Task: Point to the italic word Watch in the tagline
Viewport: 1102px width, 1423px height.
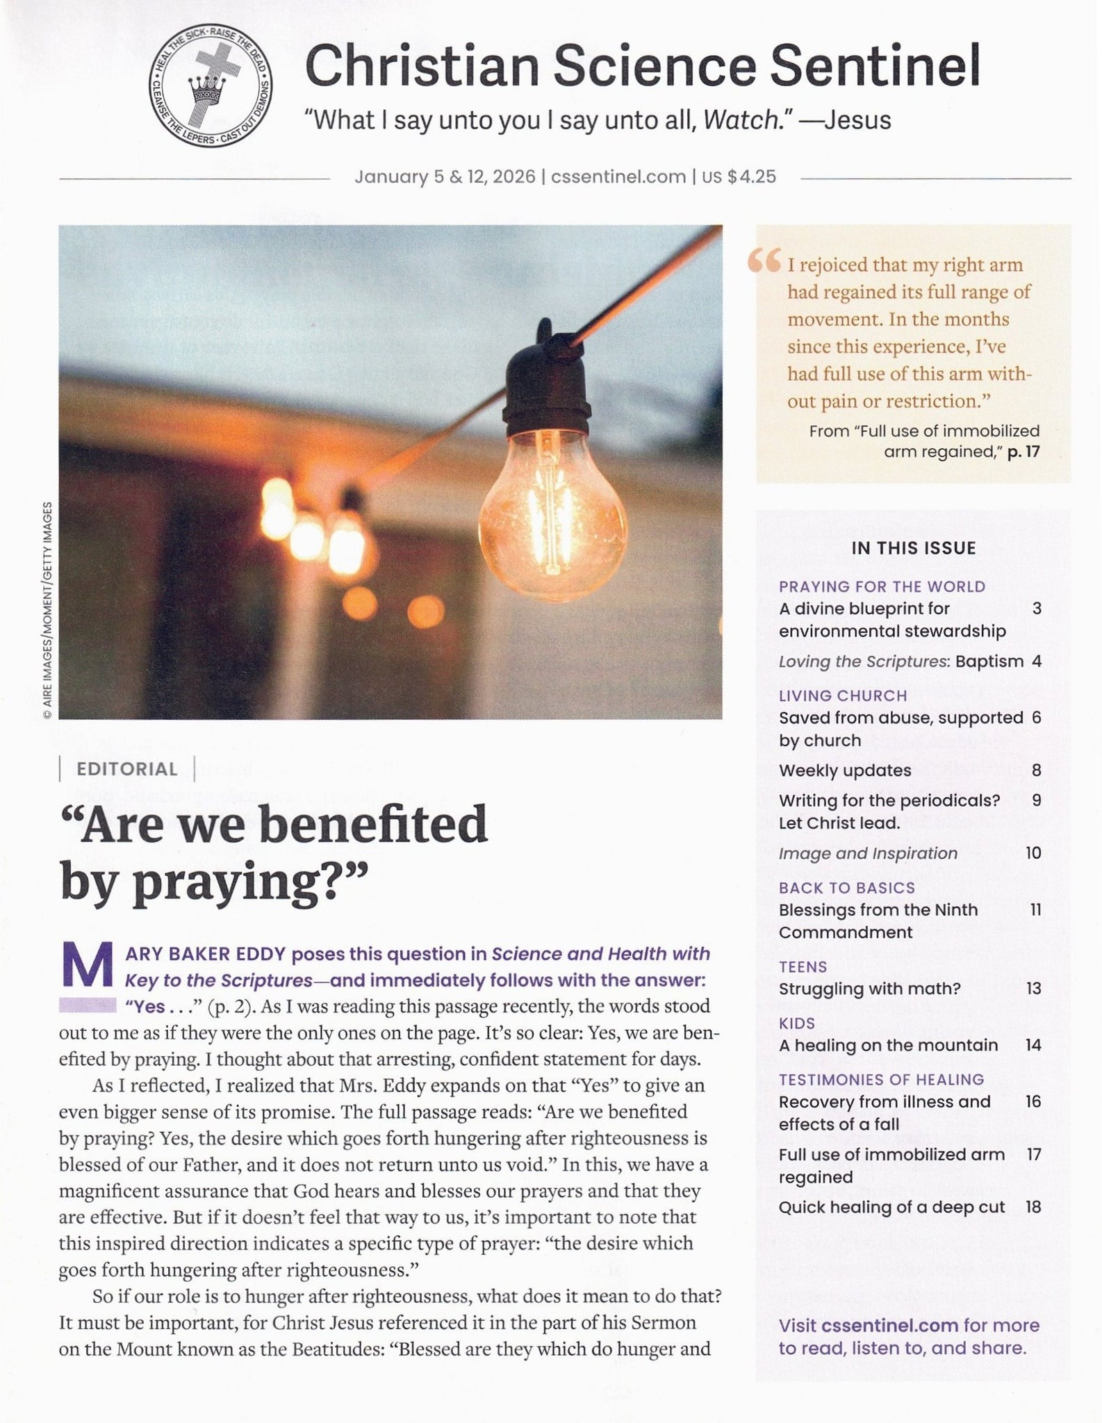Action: pos(741,120)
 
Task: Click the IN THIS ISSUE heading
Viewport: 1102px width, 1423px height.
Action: pos(913,548)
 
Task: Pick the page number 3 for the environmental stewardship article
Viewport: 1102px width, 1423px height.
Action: pos(1036,609)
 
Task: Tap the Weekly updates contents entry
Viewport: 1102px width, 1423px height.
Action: pos(844,770)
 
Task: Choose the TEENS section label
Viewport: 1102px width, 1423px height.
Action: pos(803,967)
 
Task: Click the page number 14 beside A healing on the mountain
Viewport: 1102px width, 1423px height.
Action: pos(1033,1045)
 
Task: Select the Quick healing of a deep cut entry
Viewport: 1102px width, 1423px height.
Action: pos(891,1207)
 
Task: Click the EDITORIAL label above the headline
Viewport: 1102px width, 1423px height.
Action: pos(127,769)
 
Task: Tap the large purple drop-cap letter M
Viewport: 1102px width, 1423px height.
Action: pos(88,965)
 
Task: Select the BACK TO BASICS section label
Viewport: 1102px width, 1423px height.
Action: pos(846,887)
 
